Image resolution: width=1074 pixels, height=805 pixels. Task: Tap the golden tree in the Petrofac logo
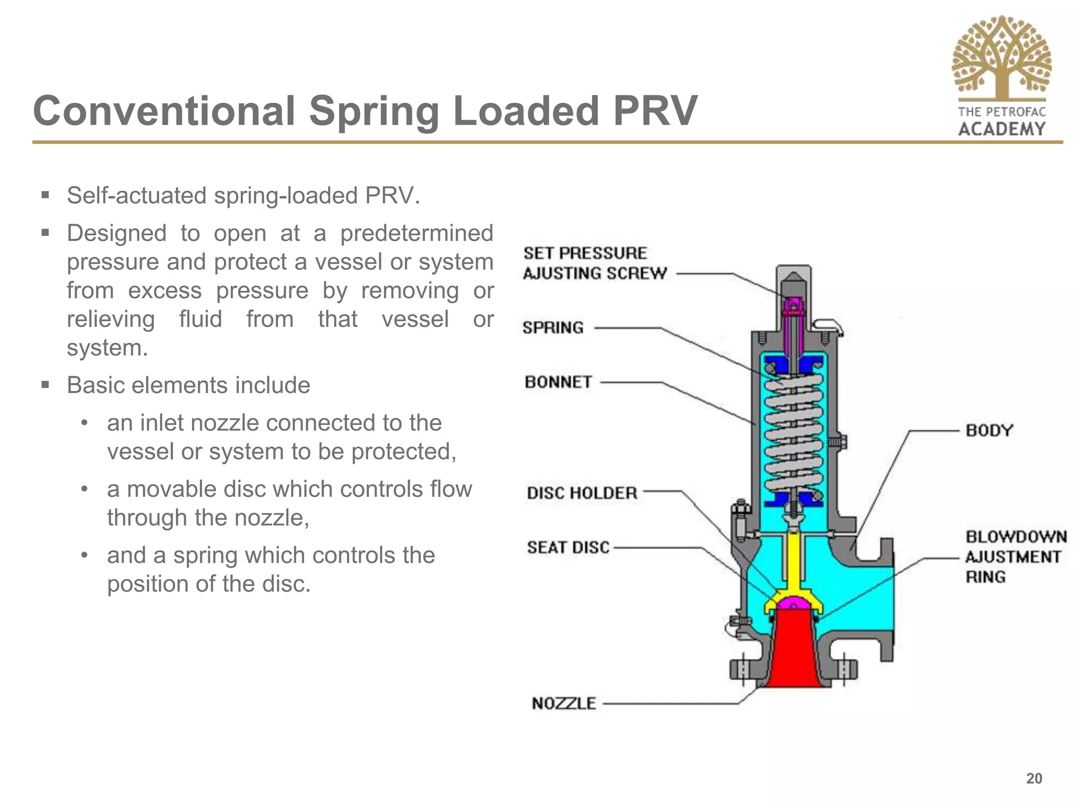(x=1001, y=58)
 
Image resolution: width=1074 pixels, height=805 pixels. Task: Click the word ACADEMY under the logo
(x=1002, y=129)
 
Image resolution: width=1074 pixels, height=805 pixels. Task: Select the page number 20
(x=1034, y=778)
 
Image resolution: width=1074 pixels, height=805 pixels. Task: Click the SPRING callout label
(x=553, y=328)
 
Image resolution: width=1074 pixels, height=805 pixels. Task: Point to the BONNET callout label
(x=558, y=382)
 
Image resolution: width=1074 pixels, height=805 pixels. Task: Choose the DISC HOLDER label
(x=582, y=493)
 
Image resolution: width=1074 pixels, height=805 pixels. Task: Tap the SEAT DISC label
(x=568, y=548)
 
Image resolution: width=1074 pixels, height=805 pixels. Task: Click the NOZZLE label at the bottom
(x=564, y=703)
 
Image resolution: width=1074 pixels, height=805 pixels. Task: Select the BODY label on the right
(x=989, y=431)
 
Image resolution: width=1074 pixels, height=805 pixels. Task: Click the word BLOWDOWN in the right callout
(x=1016, y=537)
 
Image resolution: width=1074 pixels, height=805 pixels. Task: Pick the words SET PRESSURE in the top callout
(x=585, y=254)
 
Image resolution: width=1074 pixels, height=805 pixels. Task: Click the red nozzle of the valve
(x=793, y=655)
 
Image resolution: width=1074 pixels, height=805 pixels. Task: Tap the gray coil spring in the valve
(x=793, y=430)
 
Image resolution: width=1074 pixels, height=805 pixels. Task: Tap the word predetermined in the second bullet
(x=416, y=234)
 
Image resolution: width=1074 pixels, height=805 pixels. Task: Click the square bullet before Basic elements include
(x=45, y=385)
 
